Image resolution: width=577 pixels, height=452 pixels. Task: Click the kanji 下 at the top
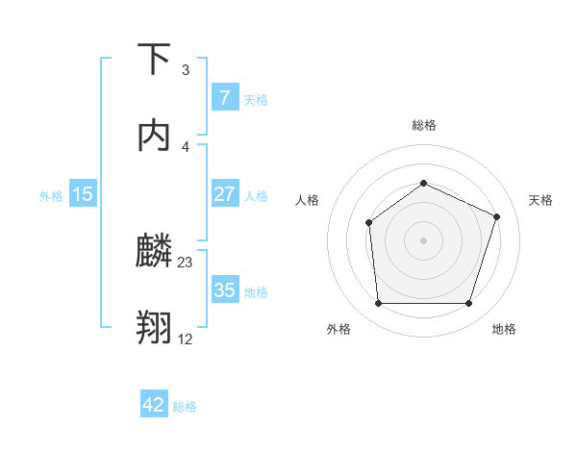point(154,60)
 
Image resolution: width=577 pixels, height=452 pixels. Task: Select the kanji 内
point(154,135)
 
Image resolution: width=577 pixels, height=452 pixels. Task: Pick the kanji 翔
point(154,327)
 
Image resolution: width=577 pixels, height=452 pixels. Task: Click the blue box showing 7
point(224,97)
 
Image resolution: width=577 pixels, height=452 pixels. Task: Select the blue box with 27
point(224,194)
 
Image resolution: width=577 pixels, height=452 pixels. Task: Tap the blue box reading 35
point(224,289)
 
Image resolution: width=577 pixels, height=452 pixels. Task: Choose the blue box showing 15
point(83,194)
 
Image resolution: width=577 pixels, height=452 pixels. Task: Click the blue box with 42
point(154,405)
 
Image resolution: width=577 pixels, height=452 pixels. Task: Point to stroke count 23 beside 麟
point(186,263)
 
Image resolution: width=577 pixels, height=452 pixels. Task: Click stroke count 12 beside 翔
point(186,339)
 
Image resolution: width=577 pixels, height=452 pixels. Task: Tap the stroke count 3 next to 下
point(186,70)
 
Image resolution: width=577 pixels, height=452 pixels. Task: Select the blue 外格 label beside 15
point(51,195)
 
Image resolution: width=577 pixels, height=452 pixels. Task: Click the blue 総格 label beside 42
point(185,407)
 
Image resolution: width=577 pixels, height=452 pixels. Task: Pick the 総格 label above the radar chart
point(423,125)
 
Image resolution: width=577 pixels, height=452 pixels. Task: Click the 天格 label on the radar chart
point(540,200)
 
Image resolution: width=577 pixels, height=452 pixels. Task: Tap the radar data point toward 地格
point(468,304)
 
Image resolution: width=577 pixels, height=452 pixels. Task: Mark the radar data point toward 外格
point(378,304)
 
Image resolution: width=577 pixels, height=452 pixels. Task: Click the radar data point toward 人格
point(369,223)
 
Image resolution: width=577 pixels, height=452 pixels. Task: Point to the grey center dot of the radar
point(423,239)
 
